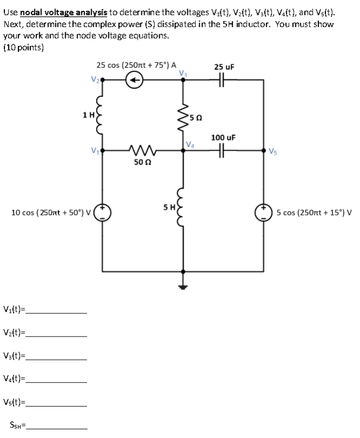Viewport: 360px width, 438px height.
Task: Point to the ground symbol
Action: pos(183,287)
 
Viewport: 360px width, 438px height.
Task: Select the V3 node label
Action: pos(184,73)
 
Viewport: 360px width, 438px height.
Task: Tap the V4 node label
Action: pos(189,144)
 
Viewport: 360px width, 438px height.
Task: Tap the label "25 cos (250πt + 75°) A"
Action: pos(136,65)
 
